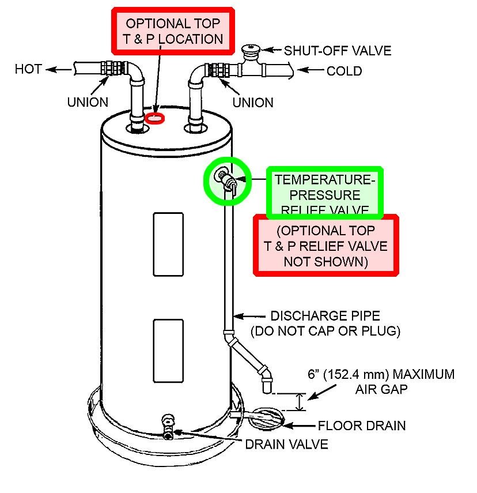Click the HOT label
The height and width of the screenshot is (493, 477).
point(28,69)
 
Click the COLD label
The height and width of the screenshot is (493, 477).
point(344,71)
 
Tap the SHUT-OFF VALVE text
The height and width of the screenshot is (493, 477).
point(337,51)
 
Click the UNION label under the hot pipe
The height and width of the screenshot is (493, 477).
point(88,102)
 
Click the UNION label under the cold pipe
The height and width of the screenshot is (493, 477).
point(252,102)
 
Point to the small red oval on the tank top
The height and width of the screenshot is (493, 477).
point(155,118)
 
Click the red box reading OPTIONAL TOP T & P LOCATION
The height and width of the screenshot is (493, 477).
point(174,32)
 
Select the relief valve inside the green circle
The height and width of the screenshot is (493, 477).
point(225,179)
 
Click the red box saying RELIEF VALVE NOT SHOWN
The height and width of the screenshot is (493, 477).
point(327,245)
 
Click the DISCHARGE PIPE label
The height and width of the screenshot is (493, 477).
point(325,317)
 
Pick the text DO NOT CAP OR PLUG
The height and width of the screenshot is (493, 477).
point(325,332)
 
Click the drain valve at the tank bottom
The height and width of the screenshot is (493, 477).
point(168,425)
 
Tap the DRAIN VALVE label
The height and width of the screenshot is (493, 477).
point(286,444)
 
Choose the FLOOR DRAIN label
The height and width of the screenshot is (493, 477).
point(362,426)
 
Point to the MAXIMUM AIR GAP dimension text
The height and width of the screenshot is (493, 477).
point(380,381)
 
